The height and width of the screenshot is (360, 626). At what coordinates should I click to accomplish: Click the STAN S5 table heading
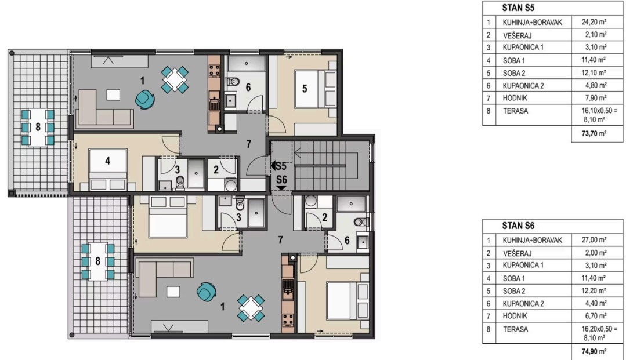pyautogui.click(x=518, y=8)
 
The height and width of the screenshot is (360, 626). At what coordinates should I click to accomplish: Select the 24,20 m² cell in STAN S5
pyautogui.click(x=594, y=22)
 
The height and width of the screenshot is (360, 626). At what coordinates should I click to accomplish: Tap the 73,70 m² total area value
pyautogui.click(x=594, y=133)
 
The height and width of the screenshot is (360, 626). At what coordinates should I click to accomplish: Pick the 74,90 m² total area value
pyautogui.click(x=594, y=351)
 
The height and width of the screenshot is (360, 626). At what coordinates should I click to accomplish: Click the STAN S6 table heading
pyautogui.click(x=518, y=226)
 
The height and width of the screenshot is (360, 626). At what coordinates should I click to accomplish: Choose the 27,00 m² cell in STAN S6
pyautogui.click(x=594, y=240)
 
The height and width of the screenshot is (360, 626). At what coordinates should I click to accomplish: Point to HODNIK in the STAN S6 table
pyautogui.click(x=515, y=316)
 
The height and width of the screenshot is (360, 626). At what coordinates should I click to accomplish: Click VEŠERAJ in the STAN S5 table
pyautogui.click(x=517, y=35)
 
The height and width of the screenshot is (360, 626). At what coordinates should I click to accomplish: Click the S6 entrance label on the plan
pyautogui.click(x=281, y=180)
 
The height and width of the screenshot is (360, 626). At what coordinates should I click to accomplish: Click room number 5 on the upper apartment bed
pyautogui.click(x=305, y=89)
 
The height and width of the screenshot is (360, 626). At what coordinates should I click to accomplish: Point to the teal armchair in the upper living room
pyautogui.click(x=144, y=99)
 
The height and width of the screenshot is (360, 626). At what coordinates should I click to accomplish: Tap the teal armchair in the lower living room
pyautogui.click(x=207, y=292)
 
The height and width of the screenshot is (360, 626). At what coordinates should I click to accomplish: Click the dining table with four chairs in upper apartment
pyautogui.click(x=175, y=80)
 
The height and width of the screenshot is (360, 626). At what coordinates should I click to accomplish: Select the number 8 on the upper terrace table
pyautogui.click(x=38, y=127)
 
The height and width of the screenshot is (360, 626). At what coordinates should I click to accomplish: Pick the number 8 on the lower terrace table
pyautogui.click(x=98, y=261)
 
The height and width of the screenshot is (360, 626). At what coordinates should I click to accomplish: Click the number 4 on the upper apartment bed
pyautogui.click(x=107, y=161)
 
